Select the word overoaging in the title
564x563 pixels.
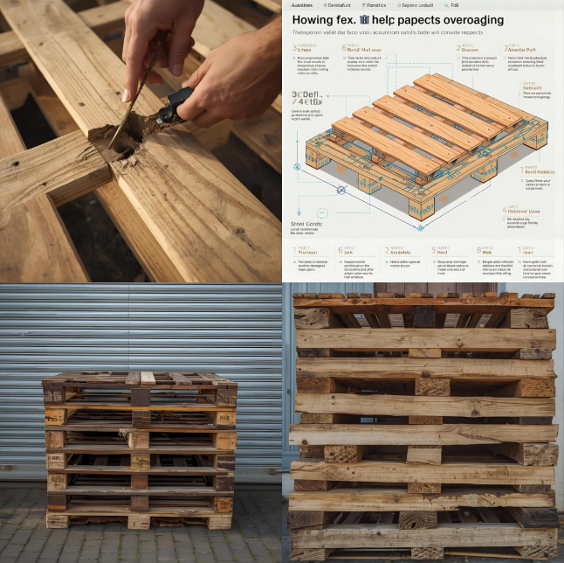click(471, 19)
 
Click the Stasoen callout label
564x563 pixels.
click(470, 49)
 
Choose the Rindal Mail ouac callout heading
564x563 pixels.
click(396, 49)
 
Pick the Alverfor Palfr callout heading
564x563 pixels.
click(524, 49)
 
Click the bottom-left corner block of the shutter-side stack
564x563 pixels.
click(57, 521)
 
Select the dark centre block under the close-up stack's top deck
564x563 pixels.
click(424, 317)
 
